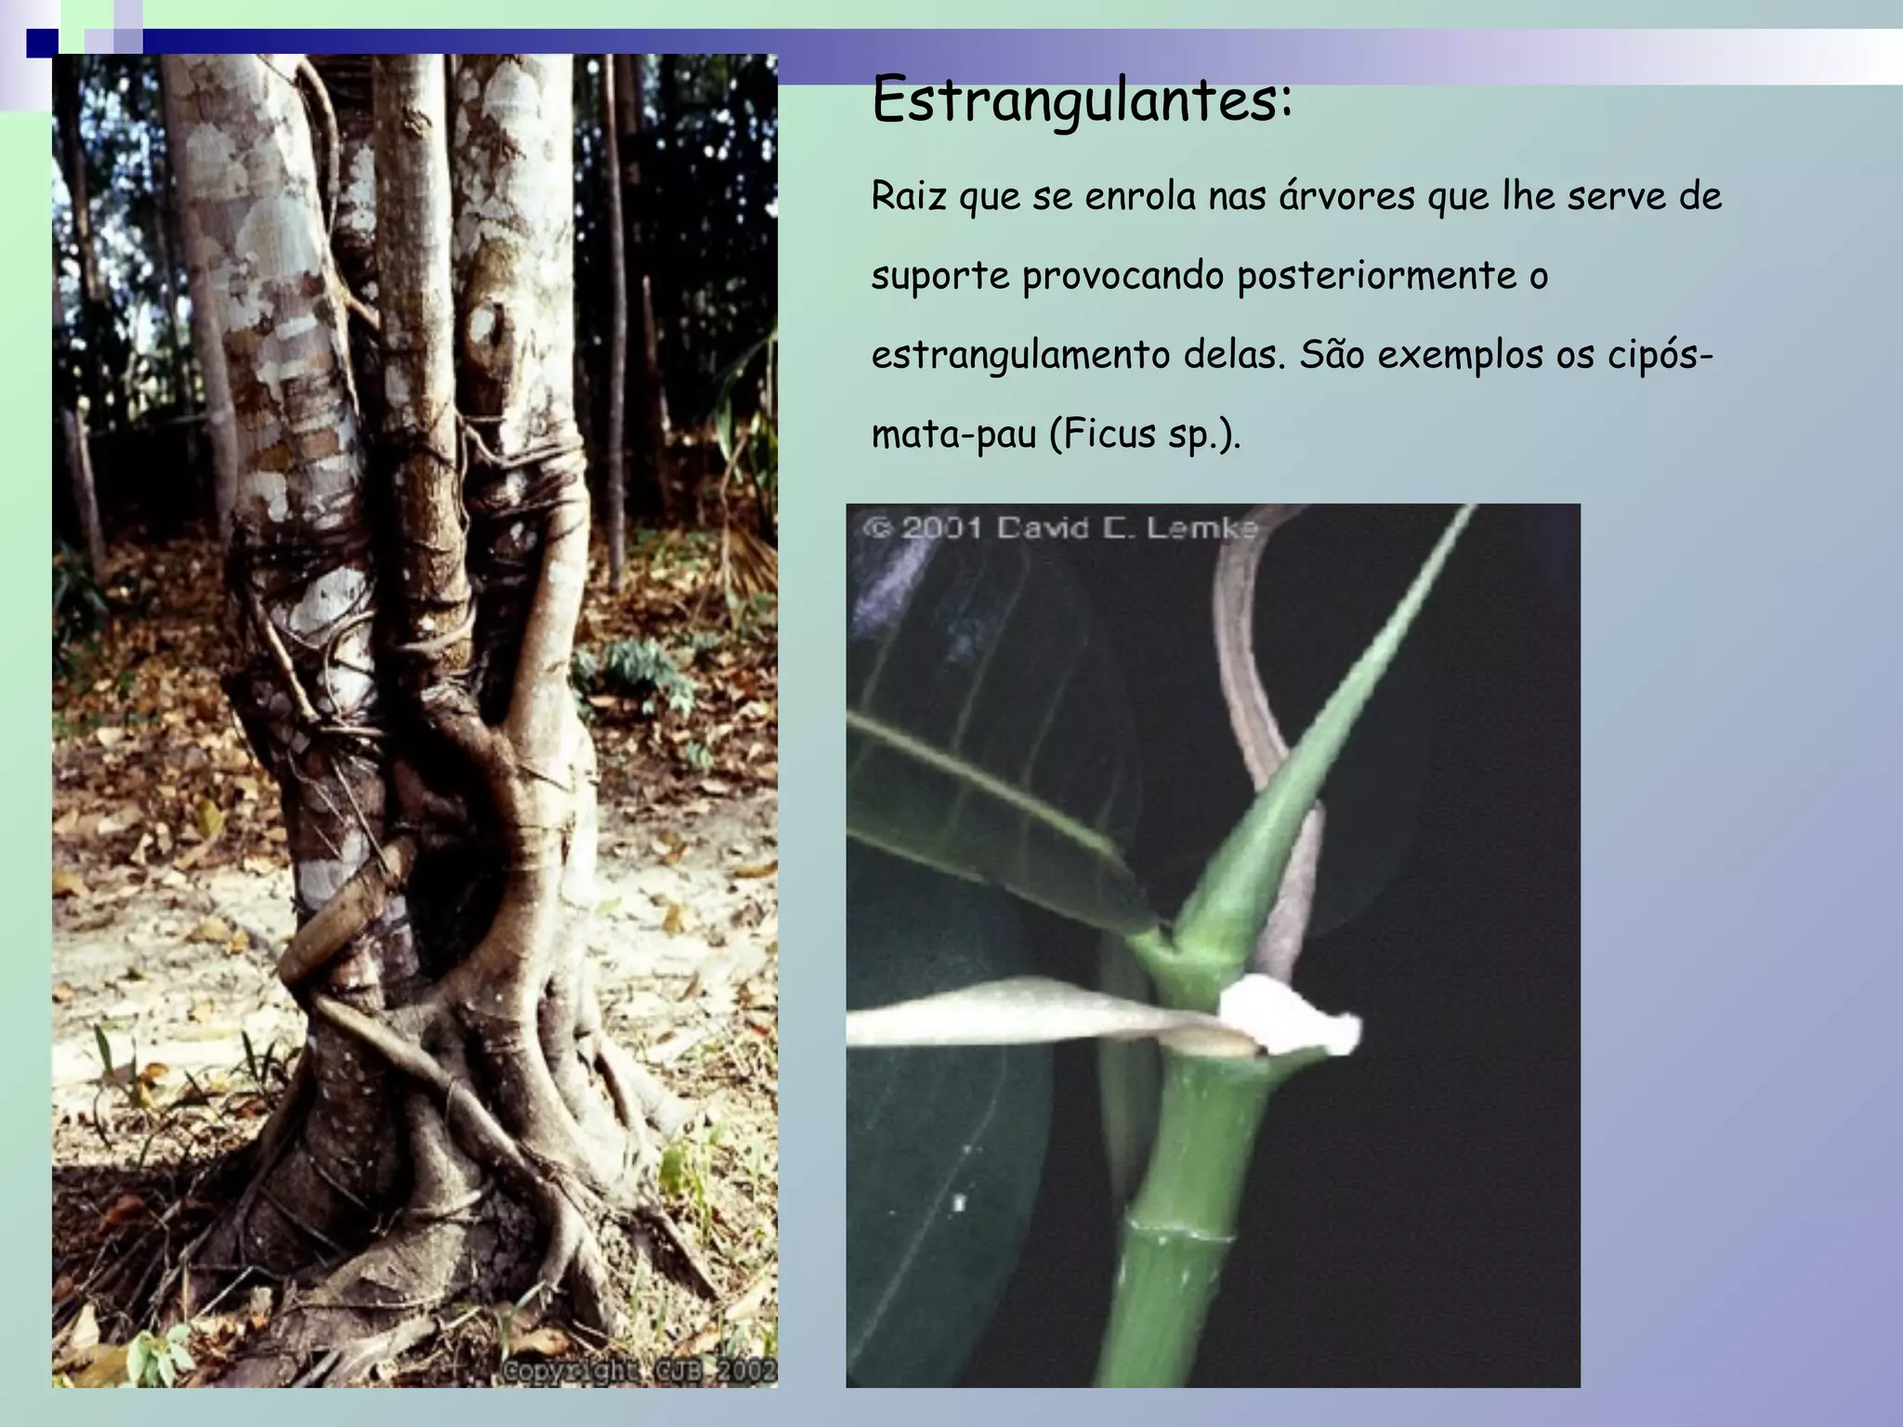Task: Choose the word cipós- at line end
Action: pyautogui.click(x=1660, y=356)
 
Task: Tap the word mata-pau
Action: pyautogui.click(x=953, y=435)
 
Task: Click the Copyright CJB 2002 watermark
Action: pyautogui.click(x=639, y=1371)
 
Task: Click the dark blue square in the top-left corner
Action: pyautogui.click(x=41, y=43)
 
